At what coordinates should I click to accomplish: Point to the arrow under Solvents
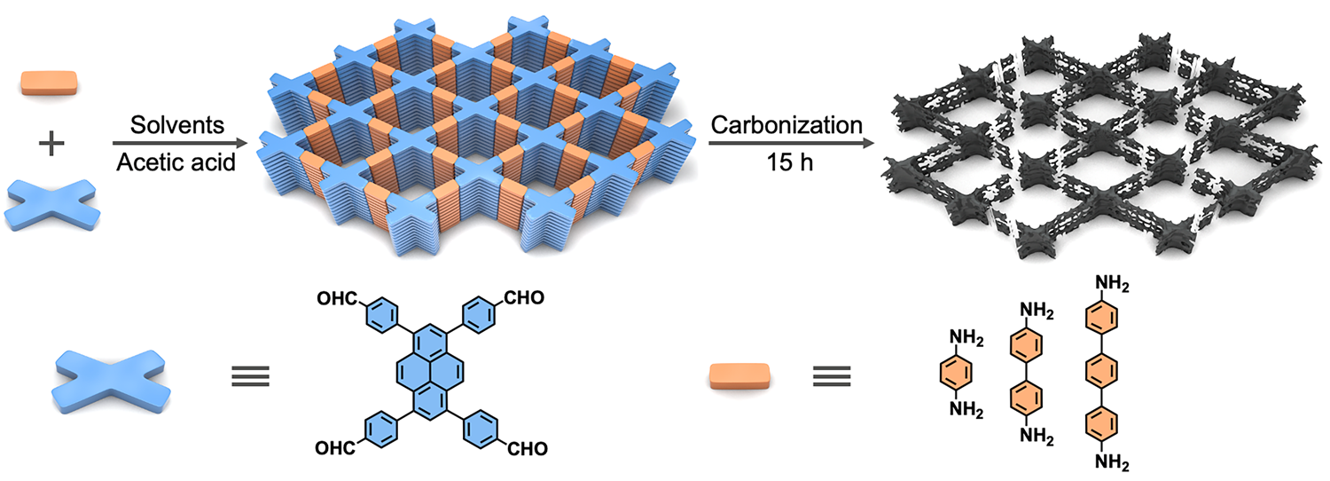click(x=177, y=143)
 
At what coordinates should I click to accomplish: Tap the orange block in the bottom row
click(x=739, y=376)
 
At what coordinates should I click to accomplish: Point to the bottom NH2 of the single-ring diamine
click(x=966, y=410)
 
